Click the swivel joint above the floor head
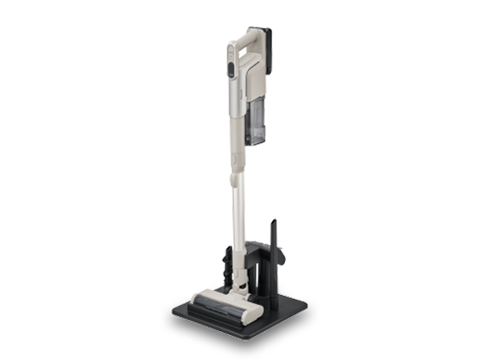coord(238,273)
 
